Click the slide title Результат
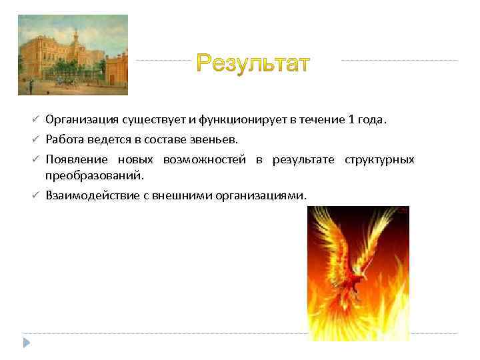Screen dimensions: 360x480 (x=253, y=64)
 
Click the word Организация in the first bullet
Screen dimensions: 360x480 (x=82, y=120)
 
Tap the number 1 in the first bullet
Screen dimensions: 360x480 (x=351, y=120)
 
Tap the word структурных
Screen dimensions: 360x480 (x=379, y=160)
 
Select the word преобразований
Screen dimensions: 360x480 (x=94, y=175)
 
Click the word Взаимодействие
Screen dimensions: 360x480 (x=90, y=196)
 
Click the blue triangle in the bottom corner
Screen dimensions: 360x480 (x=27, y=343)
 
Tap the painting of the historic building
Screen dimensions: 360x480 (x=73, y=55)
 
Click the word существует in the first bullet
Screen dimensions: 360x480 (x=154, y=120)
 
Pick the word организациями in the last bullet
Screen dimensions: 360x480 (x=262, y=196)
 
